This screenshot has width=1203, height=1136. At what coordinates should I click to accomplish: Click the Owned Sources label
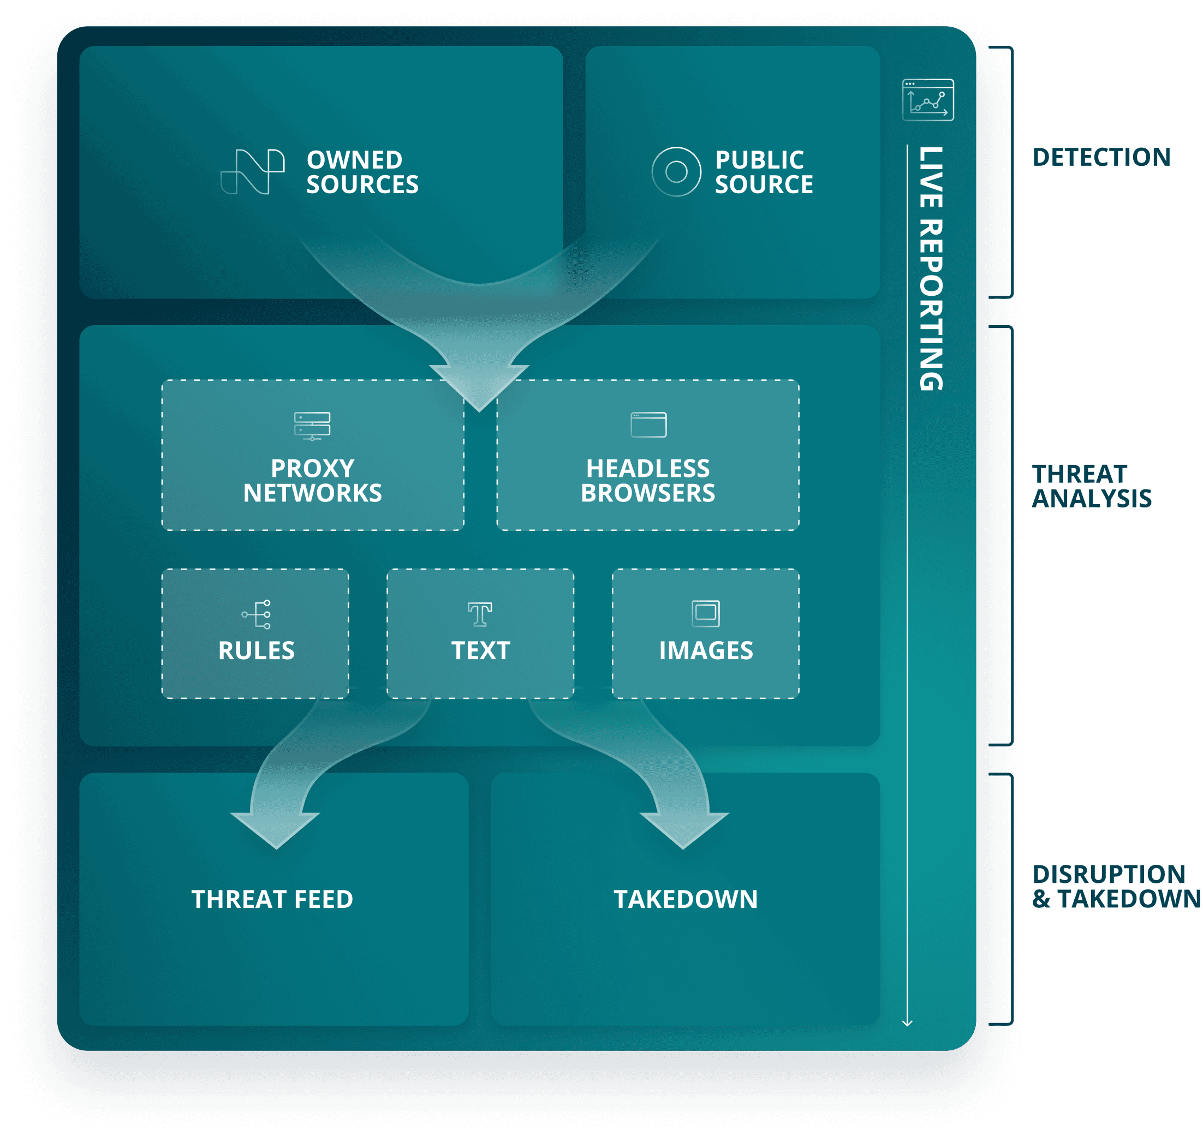point(362,172)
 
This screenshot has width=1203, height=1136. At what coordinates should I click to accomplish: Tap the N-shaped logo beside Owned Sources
point(253,172)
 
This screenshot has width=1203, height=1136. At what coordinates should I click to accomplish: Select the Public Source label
point(763,172)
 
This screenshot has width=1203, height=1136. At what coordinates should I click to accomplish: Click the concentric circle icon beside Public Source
point(676,172)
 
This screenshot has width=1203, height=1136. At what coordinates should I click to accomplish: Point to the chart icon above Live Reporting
point(927,100)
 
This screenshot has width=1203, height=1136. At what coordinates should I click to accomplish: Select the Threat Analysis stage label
point(1091,486)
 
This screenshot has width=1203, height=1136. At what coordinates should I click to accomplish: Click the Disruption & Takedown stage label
point(1116,887)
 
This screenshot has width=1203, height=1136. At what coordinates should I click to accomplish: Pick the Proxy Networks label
point(313,481)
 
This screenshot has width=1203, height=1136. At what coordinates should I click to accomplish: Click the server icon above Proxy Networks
point(312,426)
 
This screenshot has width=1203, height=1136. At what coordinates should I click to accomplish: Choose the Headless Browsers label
point(648,481)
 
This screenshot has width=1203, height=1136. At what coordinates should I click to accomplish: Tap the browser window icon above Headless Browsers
point(648,424)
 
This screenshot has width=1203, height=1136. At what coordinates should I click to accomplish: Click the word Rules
point(256,651)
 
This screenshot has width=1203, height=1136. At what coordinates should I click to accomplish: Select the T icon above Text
point(480,614)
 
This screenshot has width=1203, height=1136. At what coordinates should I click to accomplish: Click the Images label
point(706,651)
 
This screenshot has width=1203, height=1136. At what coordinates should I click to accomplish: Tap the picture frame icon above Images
point(706,613)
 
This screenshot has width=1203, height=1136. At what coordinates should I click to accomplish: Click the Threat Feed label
point(272,899)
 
